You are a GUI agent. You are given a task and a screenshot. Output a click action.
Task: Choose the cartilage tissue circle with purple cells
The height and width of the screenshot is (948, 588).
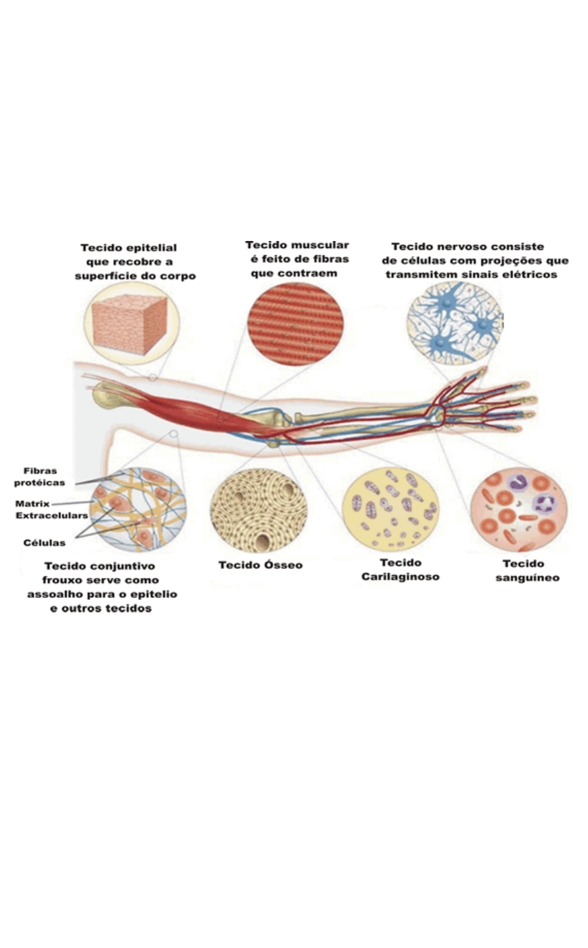pos(389,510)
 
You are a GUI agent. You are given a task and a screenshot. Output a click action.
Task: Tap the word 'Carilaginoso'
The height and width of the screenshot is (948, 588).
pos(401,577)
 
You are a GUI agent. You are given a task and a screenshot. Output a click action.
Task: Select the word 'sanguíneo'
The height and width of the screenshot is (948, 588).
pos(527,577)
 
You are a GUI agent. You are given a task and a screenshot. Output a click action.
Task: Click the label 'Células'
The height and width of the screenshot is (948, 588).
pos(45,542)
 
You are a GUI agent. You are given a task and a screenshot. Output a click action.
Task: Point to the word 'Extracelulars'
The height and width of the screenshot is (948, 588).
pos(51,515)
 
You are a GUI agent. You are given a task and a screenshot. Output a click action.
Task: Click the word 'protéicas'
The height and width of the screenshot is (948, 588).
pos(40,483)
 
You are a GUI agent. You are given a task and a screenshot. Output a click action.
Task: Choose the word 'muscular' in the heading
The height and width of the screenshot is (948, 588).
pos(322,245)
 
